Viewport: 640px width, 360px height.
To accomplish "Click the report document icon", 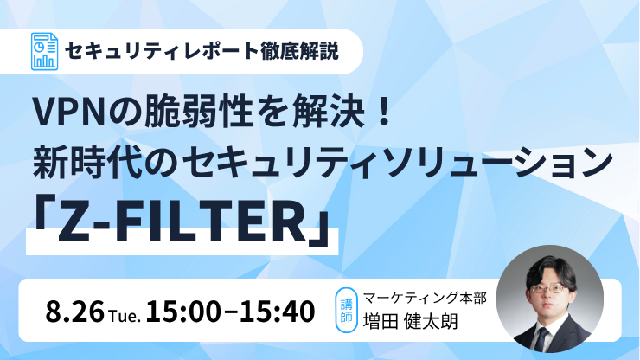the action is pyautogui.click(x=44, y=51).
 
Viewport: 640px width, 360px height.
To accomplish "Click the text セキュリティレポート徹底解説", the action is pyautogui.click(x=202, y=51).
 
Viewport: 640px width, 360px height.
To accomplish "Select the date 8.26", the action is pyautogui.click(x=74, y=312).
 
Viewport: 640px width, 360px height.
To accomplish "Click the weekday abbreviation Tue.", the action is pyautogui.click(x=125, y=316).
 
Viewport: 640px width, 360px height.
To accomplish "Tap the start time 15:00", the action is pyautogui.click(x=182, y=312).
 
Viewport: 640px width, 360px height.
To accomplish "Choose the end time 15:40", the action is pyautogui.click(x=277, y=312).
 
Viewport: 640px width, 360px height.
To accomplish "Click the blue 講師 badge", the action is pyautogui.click(x=346, y=310).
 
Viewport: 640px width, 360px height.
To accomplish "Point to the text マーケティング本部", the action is pyautogui.click(x=425, y=298).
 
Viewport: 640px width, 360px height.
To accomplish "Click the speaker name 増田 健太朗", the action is pyautogui.click(x=411, y=321).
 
